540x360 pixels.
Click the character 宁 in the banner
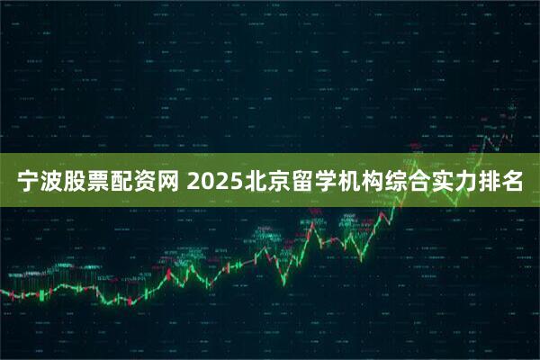pos(30,183)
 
